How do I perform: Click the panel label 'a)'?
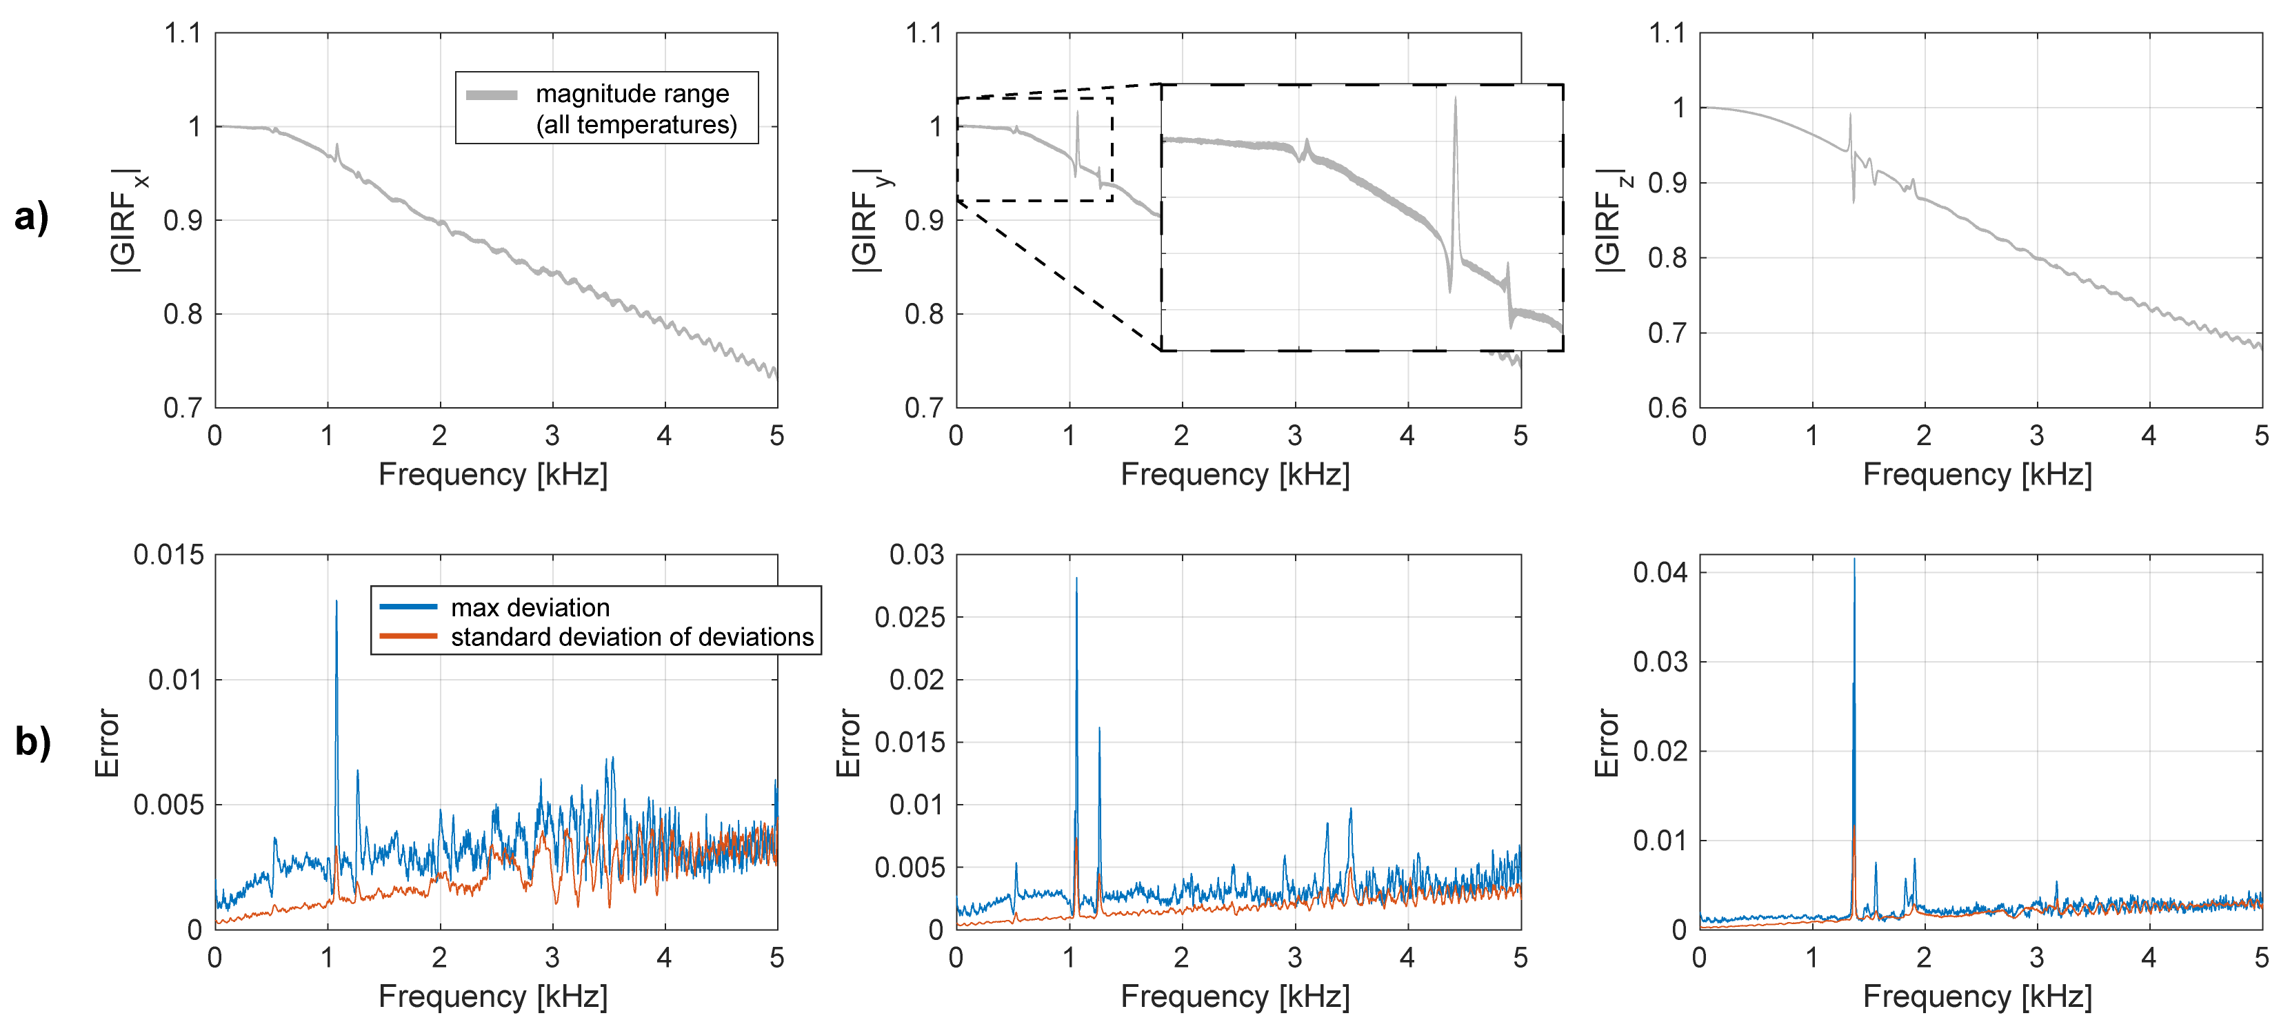point(32,216)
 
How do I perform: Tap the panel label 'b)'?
point(33,741)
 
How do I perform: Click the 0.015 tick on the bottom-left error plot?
point(169,555)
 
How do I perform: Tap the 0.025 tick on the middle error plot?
point(909,617)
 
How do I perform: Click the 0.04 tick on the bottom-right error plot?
point(1660,572)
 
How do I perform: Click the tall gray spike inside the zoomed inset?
point(1455,99)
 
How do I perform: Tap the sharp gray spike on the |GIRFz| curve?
point(1850,116)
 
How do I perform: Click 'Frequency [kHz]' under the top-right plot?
point(1977,474)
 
